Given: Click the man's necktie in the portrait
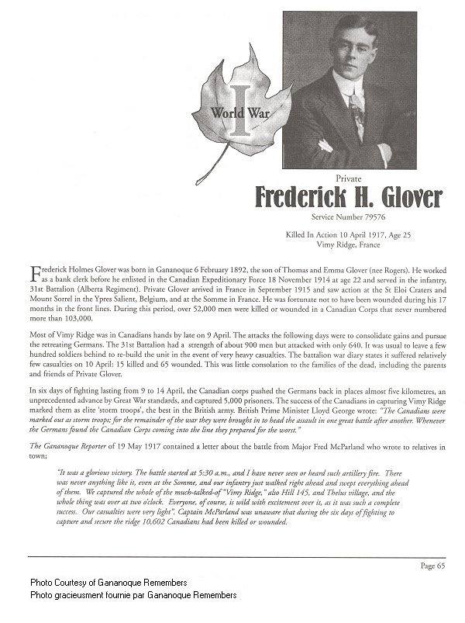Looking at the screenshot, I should click(356, 116).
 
